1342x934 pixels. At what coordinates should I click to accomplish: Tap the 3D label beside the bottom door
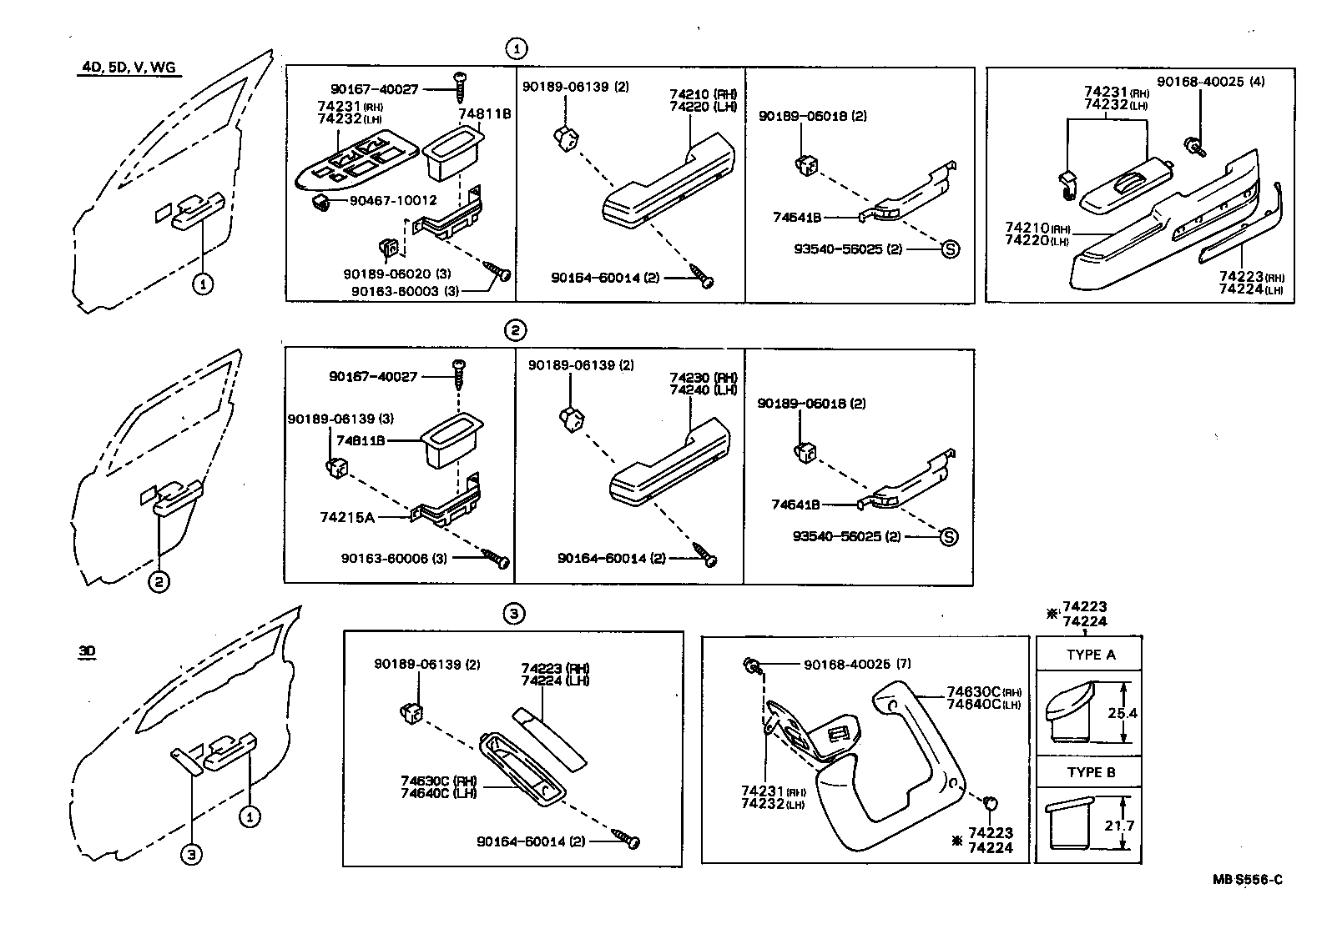87,652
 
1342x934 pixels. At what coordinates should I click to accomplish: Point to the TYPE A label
1090,655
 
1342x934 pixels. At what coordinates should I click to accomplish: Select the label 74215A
346,517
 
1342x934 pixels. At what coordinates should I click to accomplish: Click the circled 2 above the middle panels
515,330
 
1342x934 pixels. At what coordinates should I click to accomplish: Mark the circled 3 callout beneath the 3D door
191,854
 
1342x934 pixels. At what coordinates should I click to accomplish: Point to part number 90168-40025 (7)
857,665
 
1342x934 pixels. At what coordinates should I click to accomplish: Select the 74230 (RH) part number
703,378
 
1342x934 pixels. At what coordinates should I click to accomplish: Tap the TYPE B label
1090,772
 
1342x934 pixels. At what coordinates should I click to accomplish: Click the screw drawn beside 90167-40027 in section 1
459,82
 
